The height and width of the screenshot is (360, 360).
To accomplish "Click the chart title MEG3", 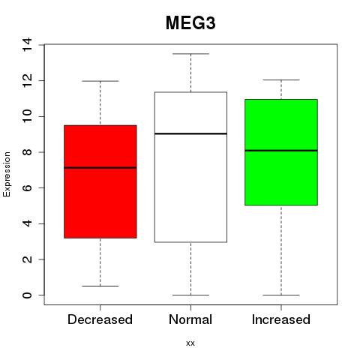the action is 190,23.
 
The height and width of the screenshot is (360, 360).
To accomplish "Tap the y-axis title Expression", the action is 7,174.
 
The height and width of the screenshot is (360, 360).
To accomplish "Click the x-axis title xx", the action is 190,343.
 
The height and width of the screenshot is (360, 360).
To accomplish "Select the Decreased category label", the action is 100,319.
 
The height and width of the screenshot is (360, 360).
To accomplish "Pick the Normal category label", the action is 190,319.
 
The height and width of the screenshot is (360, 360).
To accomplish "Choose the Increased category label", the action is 281,319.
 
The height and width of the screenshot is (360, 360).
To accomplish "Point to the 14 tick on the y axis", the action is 27,45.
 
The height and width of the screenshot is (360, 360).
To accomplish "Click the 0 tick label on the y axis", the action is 27,295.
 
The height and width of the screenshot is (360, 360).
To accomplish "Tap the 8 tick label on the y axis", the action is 27,152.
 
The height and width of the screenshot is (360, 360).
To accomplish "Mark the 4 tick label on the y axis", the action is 27,223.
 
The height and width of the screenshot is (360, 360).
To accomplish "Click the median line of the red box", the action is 100,168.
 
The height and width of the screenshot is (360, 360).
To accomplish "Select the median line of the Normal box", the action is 190,133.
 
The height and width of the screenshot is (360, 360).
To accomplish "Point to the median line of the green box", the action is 281,151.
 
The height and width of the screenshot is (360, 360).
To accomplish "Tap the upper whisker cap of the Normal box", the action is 190,54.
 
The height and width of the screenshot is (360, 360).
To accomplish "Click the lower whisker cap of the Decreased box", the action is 100,286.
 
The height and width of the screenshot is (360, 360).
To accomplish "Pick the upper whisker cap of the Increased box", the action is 281,80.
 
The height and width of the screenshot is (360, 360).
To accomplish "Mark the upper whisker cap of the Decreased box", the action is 100,81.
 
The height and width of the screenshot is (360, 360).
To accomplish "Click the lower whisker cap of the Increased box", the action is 281,295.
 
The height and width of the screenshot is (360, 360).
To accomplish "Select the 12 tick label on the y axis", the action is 27,80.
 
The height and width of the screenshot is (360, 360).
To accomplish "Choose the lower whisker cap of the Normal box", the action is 190,295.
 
